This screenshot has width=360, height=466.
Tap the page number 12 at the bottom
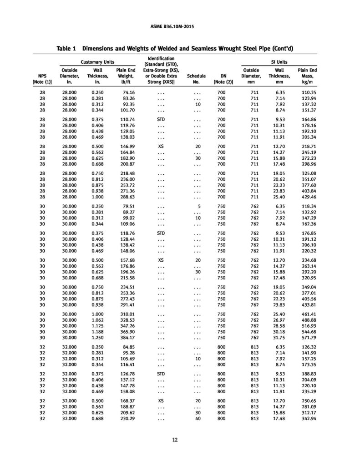[175, 439]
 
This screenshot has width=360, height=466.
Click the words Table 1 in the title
[66, 49]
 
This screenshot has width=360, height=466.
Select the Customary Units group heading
[97, 61]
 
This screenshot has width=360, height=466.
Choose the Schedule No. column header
[197, 79]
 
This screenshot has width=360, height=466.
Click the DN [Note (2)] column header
[222, 79]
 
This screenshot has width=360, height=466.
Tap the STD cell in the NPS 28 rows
[160, 118]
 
